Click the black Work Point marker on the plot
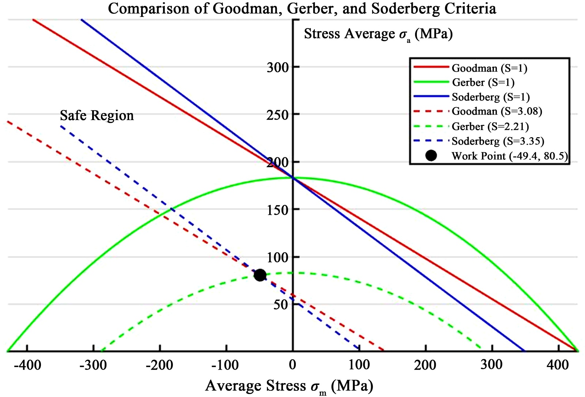point(260,275)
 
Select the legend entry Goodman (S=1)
point(484,68)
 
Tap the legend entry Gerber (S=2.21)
point(490,126)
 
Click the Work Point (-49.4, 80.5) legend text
point(510,156)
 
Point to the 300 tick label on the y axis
point(278,67)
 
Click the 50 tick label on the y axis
point(281,304)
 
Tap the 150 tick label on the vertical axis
point(278,210)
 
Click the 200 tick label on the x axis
point(425,365)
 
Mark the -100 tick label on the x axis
point(226,365)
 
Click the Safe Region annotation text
point(97,116)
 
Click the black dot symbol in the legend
point(431,156)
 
